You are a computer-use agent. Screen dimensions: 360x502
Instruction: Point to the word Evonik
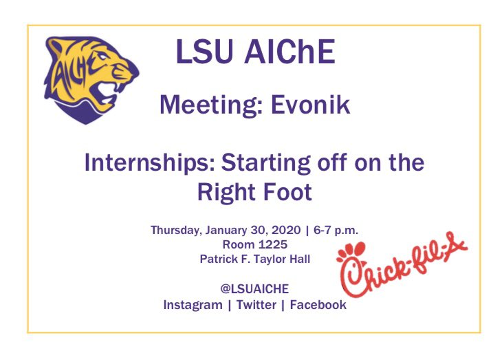pos(314,105)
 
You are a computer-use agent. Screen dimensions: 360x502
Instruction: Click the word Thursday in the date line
pos(175,230)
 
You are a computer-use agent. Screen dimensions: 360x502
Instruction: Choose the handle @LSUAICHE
pos(254,289)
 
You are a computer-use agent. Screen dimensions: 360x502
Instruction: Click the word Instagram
pos(192,304)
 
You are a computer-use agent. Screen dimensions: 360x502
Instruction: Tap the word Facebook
pos(318,304)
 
